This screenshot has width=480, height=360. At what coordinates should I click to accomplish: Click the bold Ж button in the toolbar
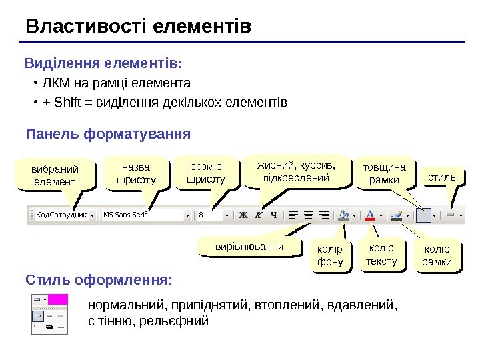click(x=243, y=215)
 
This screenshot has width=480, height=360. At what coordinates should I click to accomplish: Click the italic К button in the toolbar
click(x=258, y=215)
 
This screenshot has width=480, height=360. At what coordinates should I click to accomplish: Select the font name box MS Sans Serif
click(x=144, y=215)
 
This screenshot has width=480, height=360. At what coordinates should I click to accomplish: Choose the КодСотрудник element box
click(x=63, y=215)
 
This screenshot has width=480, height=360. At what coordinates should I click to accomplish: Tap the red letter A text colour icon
click(x=370, y=215)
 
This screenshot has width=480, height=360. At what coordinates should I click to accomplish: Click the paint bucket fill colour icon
click(x=343, y=215)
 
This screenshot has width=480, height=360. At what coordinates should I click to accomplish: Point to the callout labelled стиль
click(x=441, y=177)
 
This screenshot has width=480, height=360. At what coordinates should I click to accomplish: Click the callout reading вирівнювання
click(x=249, y=247)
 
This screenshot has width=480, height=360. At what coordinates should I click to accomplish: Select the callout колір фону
click(x=330, y=256)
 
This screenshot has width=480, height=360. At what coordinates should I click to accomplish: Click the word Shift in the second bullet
click(x=67, y=103)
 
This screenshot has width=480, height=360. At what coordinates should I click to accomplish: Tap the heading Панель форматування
click(x=108, y=134)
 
